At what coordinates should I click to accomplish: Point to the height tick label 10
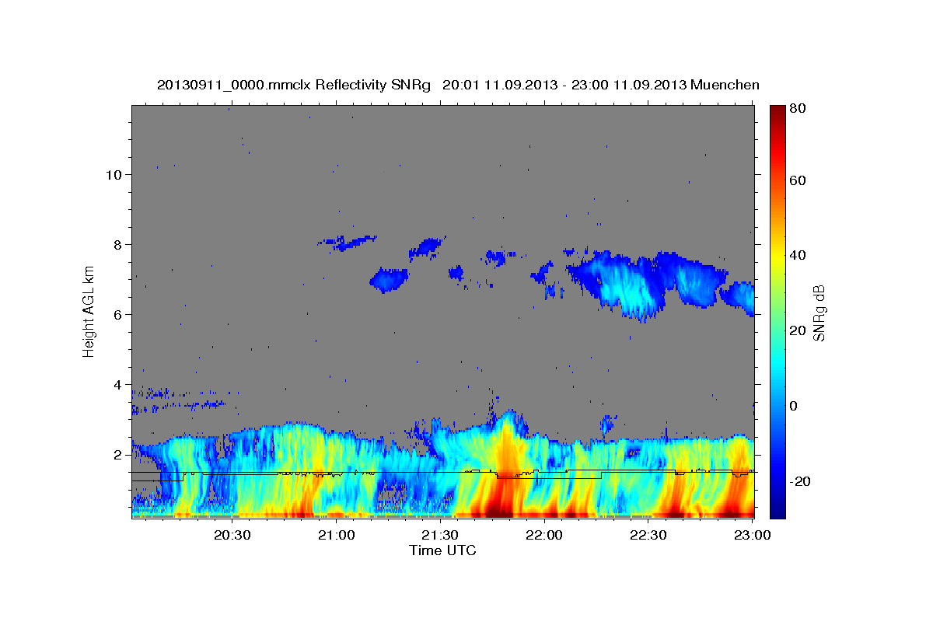(114, 174)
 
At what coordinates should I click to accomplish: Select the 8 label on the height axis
(118, 244)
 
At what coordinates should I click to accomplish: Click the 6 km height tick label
(118, 314)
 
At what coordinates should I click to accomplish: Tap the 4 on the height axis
(118, 384)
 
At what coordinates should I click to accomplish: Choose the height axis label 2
(118, 454)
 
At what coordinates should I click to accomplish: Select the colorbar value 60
(797, 180)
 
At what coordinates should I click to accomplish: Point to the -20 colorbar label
(800, 481)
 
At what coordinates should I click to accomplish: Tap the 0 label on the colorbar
(794, 406)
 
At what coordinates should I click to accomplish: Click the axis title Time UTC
(442, 550)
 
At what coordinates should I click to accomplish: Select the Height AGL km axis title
(89, 310)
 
